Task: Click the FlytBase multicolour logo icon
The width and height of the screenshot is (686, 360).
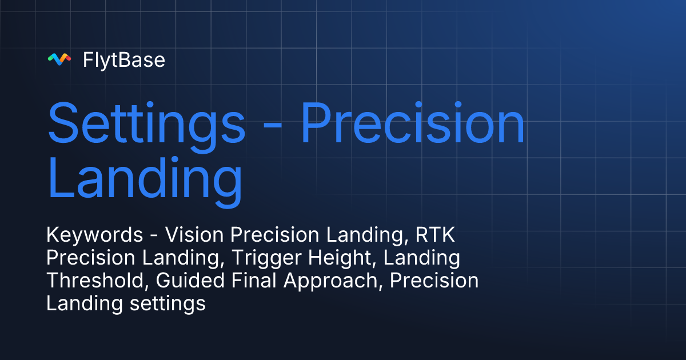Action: (x=59, y=59)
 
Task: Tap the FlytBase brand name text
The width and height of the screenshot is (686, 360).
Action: (x=124, y=59)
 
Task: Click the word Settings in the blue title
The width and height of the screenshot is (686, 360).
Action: (x=146, y=124)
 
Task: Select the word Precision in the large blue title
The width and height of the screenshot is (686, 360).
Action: (x=412, y=124)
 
